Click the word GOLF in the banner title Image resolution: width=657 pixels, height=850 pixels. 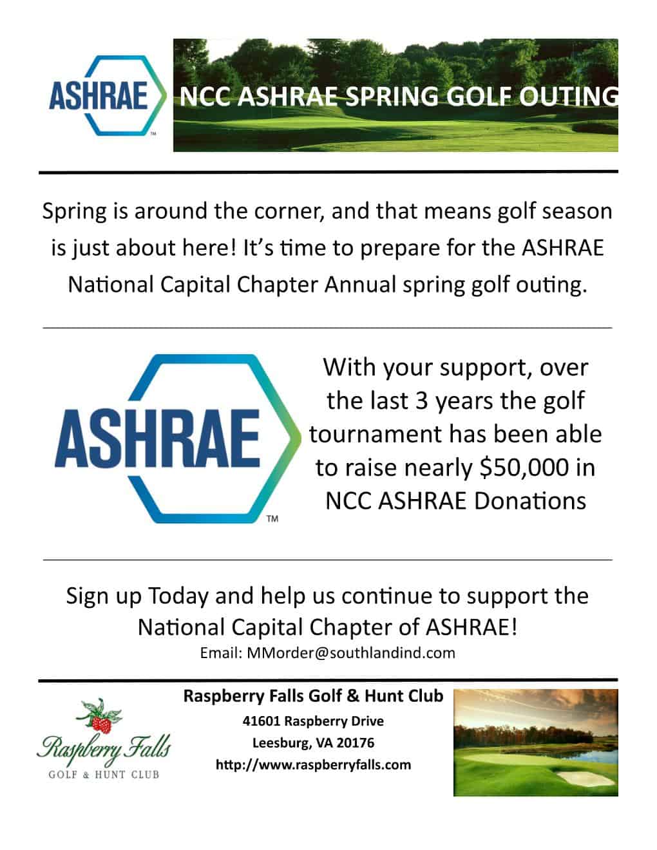coord(475,97)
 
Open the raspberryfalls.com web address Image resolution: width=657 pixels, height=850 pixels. coord(313,765)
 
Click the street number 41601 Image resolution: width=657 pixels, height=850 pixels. coord(262,721)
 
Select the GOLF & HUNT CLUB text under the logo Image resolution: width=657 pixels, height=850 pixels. coord(104,774)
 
